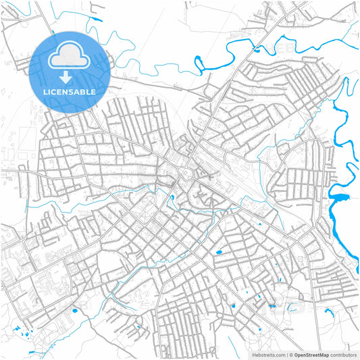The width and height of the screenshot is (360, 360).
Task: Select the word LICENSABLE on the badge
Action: pos(70,91)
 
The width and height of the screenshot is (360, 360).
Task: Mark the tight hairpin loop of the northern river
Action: pos(199,65)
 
